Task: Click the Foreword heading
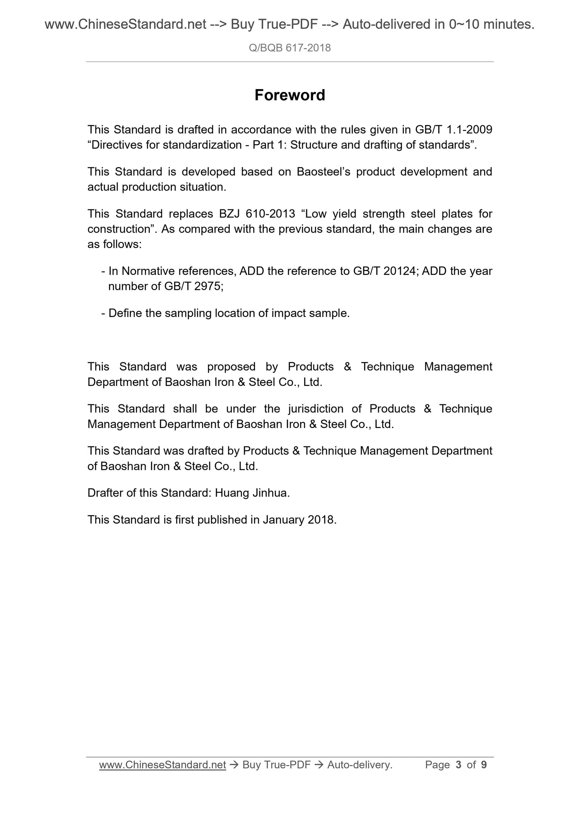(289, 95)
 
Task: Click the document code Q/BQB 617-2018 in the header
(289, 48)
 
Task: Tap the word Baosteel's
(324, 172)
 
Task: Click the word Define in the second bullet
(126, 313)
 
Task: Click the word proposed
(231, 367)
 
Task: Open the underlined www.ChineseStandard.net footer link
(163, 765)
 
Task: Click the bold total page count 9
(484, 765)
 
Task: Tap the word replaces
(187, 214)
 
